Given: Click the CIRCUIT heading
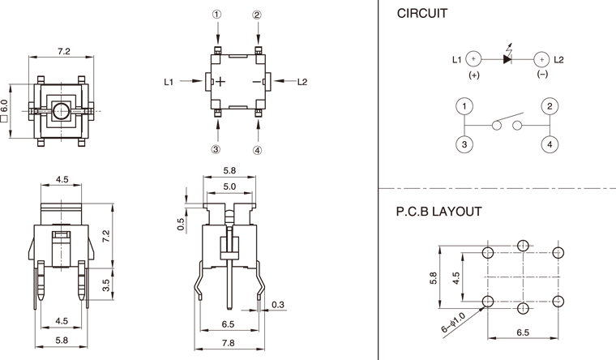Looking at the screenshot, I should click(423, 14).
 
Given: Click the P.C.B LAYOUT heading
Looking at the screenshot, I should click(438, 212).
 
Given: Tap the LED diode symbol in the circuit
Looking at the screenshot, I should click(508, 59).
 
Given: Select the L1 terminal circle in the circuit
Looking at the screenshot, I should click(474, 59).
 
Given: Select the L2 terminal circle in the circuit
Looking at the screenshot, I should click(541, 59).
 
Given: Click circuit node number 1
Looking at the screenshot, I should click(464, 107).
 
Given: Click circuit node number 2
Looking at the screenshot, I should click(550, 107).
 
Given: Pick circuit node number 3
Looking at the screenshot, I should click(464, 144).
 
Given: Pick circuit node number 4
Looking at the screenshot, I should click(550, 144).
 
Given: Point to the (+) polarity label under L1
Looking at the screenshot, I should click(474, 75).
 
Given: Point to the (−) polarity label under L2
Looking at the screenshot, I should click(541, 75).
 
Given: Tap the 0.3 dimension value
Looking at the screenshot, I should click(278, 305).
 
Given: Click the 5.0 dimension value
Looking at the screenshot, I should click(229, 186).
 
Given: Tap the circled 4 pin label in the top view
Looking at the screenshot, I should click(257, 150).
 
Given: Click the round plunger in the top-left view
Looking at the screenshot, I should click(61, 111).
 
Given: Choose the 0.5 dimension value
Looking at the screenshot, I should click(181, 224).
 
